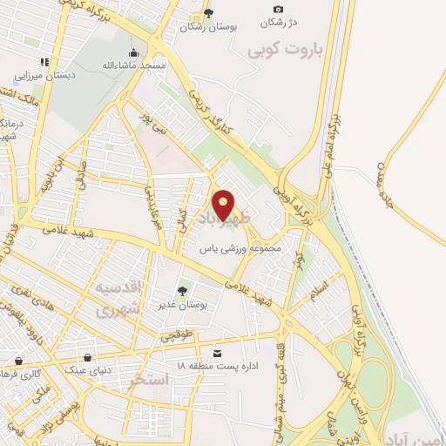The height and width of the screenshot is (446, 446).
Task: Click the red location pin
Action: tap(224, 206)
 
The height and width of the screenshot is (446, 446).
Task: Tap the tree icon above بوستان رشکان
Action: tap(207, 12)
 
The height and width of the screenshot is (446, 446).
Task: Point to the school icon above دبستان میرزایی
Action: tap(44, 62)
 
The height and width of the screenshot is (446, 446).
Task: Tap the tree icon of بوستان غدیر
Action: tap(182, 291)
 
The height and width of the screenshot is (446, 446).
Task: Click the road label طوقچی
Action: tap(178, 334)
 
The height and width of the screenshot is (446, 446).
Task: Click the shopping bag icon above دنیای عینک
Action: tap(87, 357)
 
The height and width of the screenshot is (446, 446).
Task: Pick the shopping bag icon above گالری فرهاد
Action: tap(19, 360)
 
